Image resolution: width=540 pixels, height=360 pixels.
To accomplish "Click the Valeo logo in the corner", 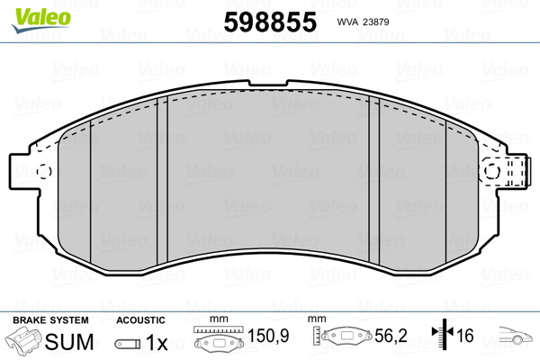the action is [41, 20].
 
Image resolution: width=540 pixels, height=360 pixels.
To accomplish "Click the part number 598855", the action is [270, 22].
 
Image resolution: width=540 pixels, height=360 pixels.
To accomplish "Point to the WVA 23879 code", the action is [363, 22].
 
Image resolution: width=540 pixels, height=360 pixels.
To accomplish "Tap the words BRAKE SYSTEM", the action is [50, 320].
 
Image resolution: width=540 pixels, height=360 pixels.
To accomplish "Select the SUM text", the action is [69, 342].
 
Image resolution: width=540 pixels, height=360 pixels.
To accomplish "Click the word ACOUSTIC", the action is [140, 320].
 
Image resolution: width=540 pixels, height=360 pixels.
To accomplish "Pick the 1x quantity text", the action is [157, 343].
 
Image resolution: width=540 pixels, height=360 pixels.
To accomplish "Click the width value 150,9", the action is [268, 336].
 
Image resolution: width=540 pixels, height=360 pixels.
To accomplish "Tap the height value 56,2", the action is [391, 336].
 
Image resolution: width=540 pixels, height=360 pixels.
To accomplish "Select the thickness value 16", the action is [465, 336].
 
